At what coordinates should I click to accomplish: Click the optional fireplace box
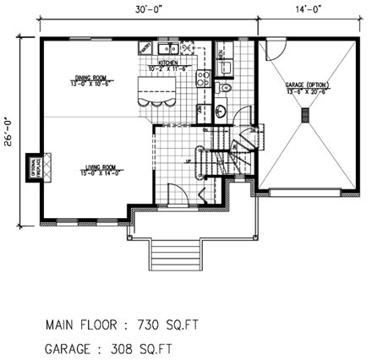coord(34,166)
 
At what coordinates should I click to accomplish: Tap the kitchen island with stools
coord(156,90)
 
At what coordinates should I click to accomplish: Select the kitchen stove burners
coord(203,80)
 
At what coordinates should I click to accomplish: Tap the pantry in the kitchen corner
coord(145,48)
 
